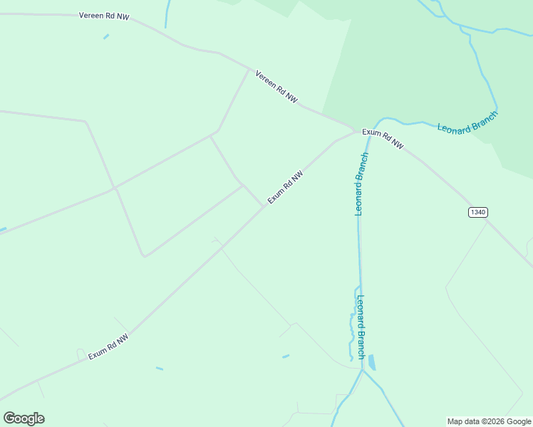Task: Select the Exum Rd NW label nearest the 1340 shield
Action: coord(383,138)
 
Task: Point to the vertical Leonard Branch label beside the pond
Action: coord(361,327)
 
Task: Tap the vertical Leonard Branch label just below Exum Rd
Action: coord(361,183)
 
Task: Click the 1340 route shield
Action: coord(478,212)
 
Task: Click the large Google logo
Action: coord(24,418)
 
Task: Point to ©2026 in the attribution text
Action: coord(494,421)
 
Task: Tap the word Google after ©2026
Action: coord(519,421)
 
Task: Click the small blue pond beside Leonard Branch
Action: coord(371,362)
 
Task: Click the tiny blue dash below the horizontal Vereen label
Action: coord(106,36)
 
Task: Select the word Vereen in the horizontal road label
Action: coord(92,14)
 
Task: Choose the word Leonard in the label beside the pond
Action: coord(361,310)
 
